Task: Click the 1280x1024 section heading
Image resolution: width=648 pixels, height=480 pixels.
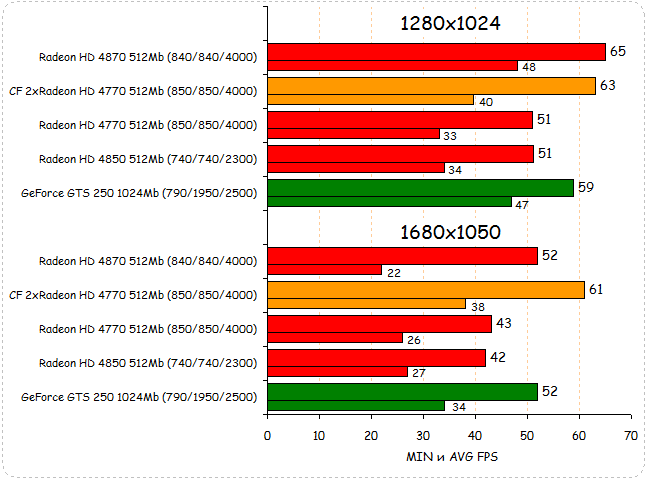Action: click(450, 23)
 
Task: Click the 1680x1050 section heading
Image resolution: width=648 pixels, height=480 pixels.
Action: click(450, 232)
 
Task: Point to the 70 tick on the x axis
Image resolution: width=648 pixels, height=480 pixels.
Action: click(630, 436)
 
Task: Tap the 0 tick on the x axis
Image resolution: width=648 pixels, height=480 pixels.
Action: click(267, 436)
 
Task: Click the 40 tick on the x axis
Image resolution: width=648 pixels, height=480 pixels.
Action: click(474, 436)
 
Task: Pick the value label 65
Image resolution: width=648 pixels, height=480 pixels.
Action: click(618, 51)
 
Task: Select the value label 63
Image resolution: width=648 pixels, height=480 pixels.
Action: click(608, 85)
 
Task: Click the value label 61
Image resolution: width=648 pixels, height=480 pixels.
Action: click(597, 289)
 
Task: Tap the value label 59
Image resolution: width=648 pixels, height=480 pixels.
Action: click(587, 186)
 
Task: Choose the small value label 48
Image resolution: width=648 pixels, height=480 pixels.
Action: click(528, 67)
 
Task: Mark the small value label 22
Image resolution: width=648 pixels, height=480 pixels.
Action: click(393, 271)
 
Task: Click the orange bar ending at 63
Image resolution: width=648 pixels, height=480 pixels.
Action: click(431, 85)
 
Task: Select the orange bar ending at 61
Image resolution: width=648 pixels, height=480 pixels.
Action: click(426, 290)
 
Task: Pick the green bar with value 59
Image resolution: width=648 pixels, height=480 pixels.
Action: click(420, 187)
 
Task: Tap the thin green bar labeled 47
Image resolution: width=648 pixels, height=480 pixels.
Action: click(390, 202)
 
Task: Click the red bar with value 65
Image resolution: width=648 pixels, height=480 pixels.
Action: click(436, 52)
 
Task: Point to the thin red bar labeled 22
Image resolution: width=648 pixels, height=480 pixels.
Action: click(325, 270)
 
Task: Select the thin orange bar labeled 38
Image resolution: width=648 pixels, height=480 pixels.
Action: click(366, 304)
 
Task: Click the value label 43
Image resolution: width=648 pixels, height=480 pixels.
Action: click(504, 323)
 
